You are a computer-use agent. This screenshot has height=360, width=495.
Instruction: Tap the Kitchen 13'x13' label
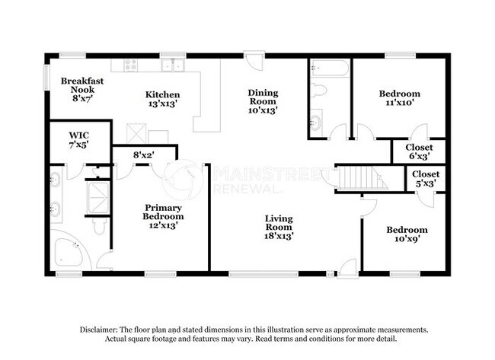(x=163, y=100)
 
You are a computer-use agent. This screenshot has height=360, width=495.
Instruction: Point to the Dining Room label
(x=262, y=100)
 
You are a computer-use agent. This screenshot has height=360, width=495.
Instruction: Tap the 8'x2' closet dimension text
(x=144, y=155)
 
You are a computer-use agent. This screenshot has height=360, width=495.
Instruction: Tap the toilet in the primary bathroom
(x=97, y=226)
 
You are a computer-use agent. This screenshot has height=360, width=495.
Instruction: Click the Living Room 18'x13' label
(x=279, y=227)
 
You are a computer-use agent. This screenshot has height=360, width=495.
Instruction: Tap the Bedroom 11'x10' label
(x=399, y=99)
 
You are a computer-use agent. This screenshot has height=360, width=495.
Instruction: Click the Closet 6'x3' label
(x=417, y=151)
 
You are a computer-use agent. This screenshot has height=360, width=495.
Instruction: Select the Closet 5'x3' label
(x=425, y=178)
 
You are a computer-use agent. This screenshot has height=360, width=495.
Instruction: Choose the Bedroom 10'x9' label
(x=406, y=234)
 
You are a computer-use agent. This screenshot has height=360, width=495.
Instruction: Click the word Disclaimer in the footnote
(x=101, y=330)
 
